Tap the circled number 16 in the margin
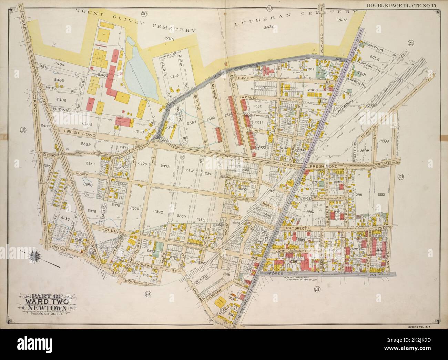click(x=23, y=130)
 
